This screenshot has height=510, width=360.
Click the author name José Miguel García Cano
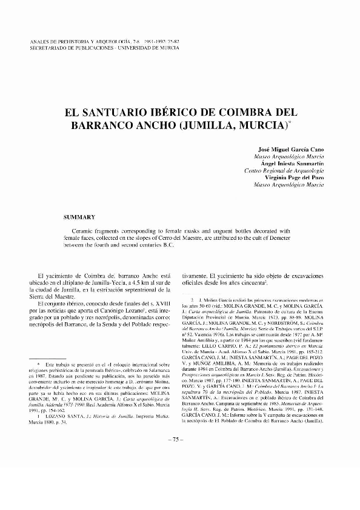tap(288, 148)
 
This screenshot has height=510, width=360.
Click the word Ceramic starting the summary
tap(87, 231)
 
